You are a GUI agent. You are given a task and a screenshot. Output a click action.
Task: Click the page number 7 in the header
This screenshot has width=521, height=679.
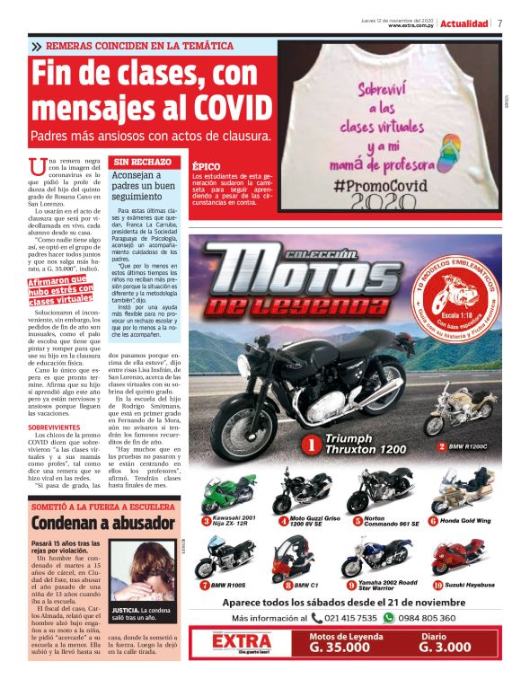499,23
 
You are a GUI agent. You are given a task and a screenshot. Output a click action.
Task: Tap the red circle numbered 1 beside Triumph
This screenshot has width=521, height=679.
310,444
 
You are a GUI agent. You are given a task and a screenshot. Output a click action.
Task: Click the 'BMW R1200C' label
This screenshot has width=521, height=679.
467,445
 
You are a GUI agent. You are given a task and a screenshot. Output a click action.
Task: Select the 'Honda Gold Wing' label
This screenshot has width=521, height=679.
467,521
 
